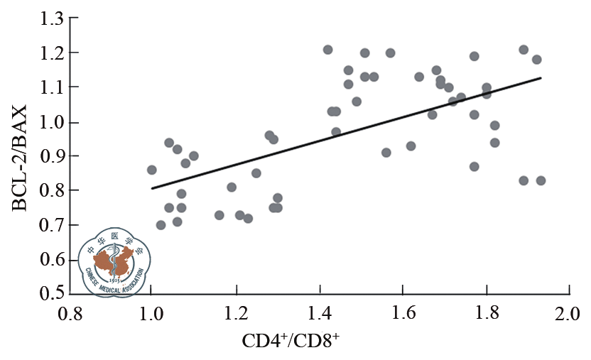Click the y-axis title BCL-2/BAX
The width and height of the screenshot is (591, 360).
point(19,158)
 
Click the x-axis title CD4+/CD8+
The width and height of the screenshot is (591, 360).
point(291,340)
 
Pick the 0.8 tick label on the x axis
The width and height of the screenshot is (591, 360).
point(68,312)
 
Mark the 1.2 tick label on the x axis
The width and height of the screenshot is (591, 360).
point(235,312)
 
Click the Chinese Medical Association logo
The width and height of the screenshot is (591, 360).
point(113,261)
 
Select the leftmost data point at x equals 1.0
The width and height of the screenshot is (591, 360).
point(151,170)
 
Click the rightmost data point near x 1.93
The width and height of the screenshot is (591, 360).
point(541,180)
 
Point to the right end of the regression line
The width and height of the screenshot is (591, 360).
point(541,78)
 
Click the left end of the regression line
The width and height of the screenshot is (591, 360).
point(151,188)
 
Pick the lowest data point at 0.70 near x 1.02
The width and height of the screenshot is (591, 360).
point(161,225)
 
